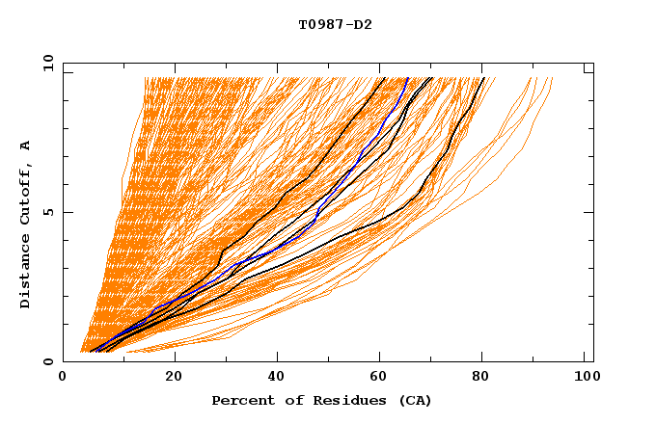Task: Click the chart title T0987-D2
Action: (335, 24)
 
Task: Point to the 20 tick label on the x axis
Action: (174, 377)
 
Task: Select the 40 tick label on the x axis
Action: (278, 377)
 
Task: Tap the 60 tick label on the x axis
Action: (382, 377)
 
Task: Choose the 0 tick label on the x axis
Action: (64, 377)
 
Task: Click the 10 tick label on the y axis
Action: (46, 63)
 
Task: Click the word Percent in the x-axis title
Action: (239, 400)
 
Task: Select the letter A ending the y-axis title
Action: (25, 145)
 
